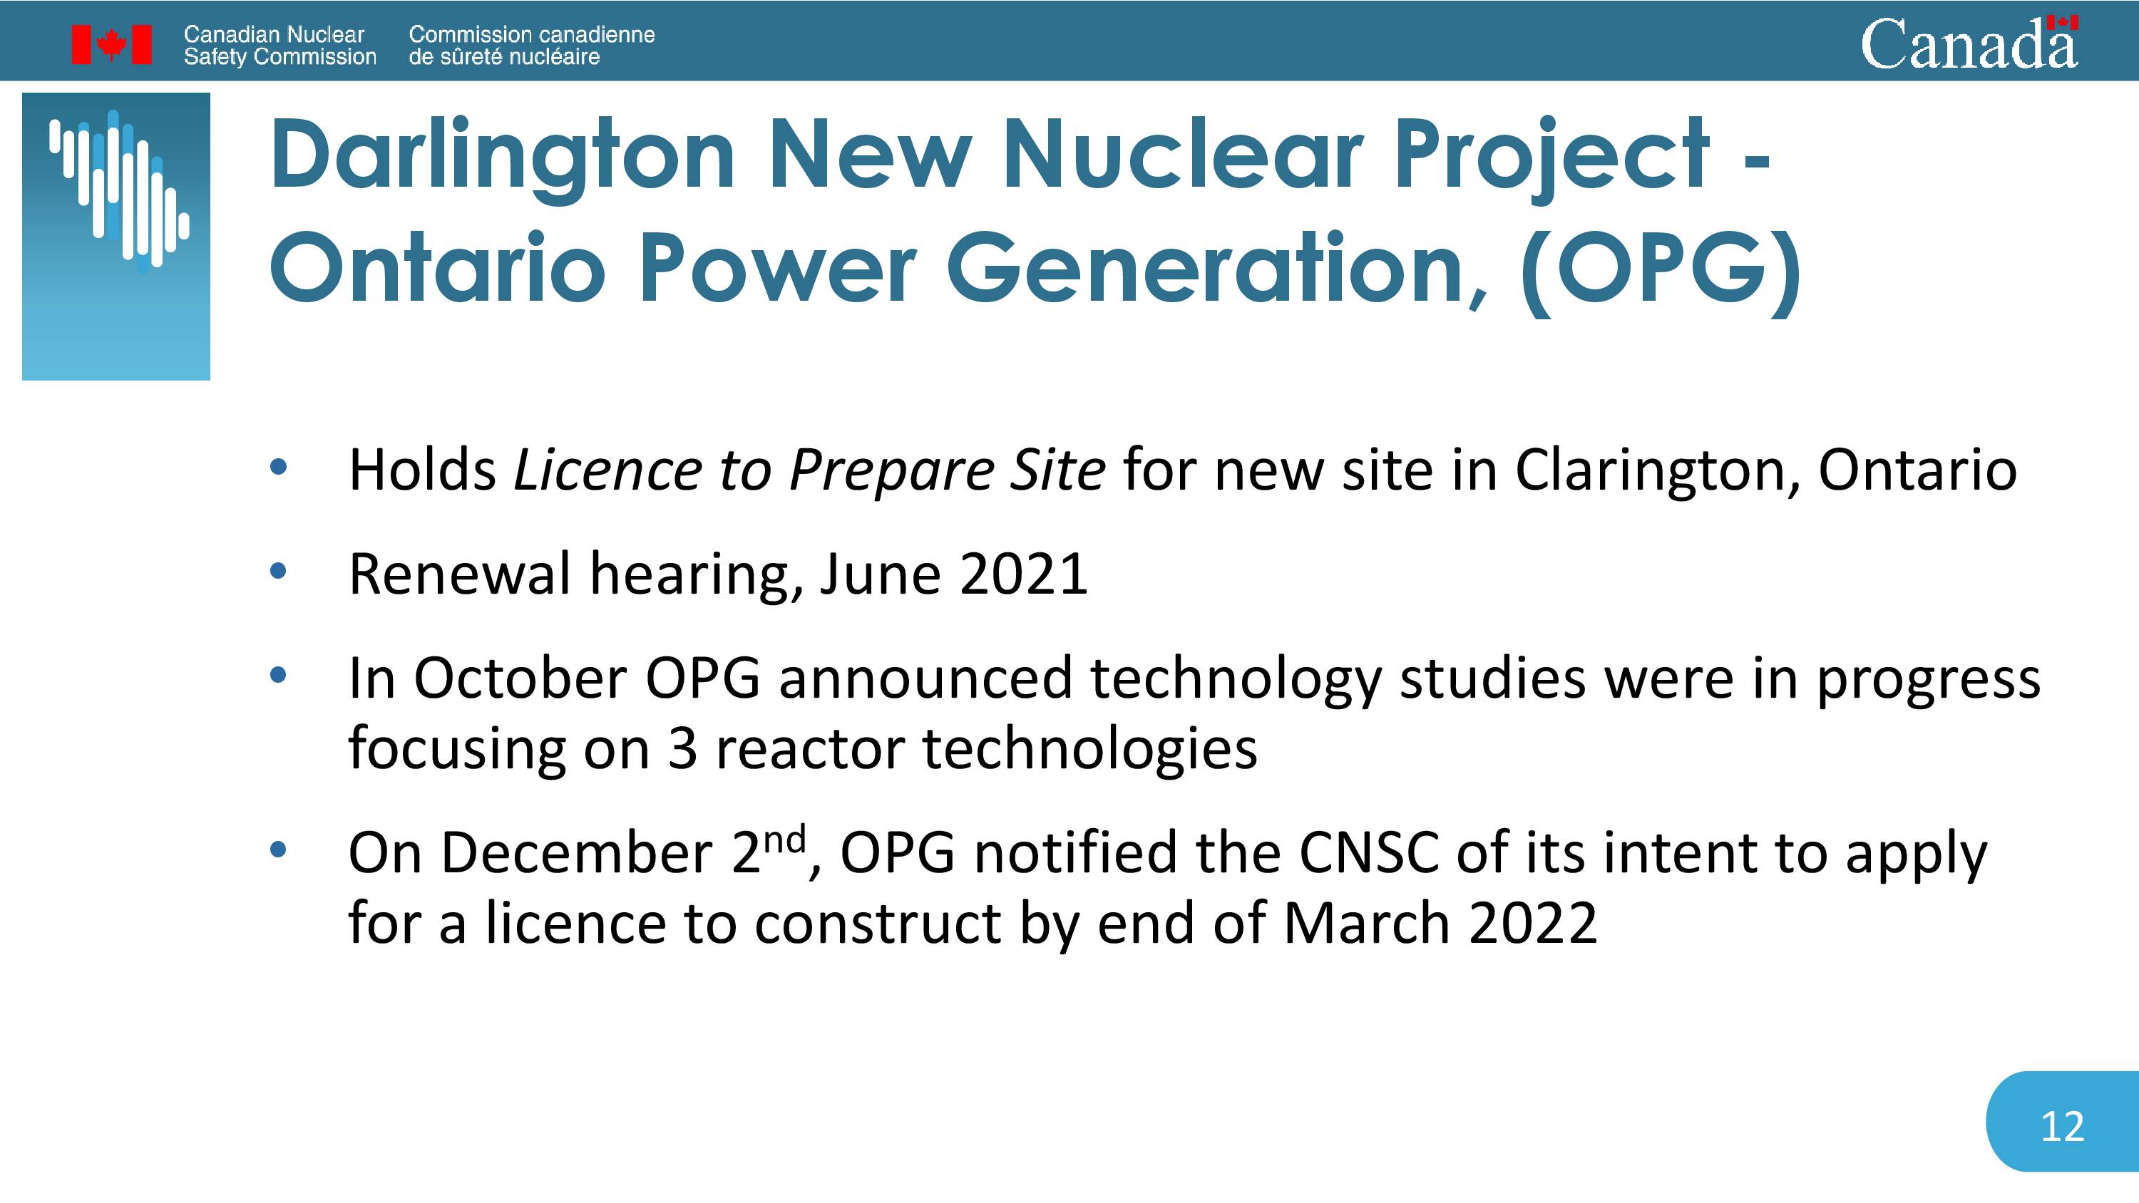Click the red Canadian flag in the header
point(111,44)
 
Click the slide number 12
point(2062,1127)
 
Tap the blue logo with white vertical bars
point(116,237)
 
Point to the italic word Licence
point(607,470)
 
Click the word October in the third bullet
point(520,678)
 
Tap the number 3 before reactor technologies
point(682,749)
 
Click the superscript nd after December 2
point(785,840)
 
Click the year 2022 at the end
point(1533,923)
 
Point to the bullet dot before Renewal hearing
point(278,571)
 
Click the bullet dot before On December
point(278,850)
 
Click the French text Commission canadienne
point(531,35)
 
